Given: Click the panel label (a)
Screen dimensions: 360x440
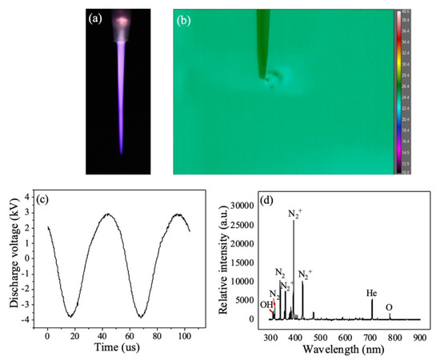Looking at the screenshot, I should (94, 17).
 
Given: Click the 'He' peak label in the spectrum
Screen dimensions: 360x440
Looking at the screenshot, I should (372, 293).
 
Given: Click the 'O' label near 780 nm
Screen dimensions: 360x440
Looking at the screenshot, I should (389, 307).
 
